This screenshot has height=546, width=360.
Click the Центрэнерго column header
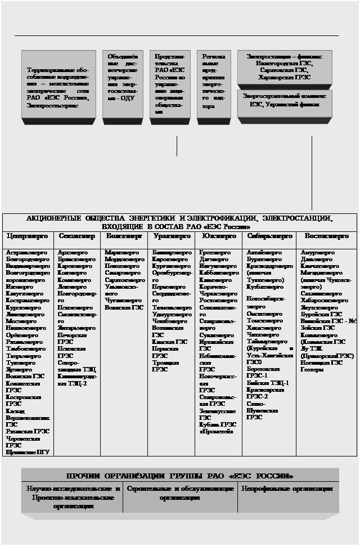pos(28,236)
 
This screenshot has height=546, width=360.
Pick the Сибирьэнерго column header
pos(269,236)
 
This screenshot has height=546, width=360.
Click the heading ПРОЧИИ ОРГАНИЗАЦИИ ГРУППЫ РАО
pos(180,476)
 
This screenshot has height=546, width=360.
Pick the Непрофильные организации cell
pos(287,489)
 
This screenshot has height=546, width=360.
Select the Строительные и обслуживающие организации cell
pos(180,493)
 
